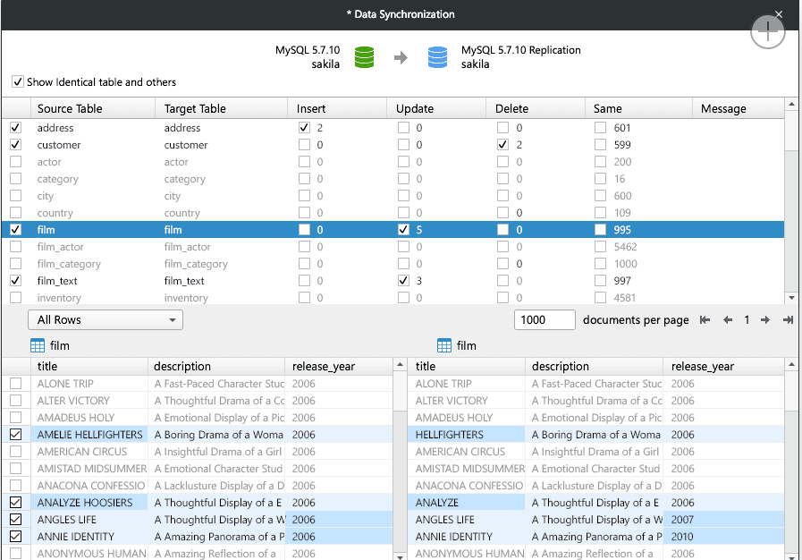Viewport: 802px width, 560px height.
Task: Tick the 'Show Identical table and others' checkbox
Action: pos(18,82)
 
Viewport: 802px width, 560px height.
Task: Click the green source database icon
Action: pos(364,57)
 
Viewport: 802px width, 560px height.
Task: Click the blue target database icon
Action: pos(437,57)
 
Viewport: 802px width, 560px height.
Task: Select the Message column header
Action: pos(723,108)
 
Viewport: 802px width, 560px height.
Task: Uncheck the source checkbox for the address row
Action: pos(15,128)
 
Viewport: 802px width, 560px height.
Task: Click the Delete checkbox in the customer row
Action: pos(502,145)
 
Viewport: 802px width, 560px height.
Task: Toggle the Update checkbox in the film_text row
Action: pos(404,281)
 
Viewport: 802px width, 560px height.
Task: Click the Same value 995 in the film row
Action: pos(622,230)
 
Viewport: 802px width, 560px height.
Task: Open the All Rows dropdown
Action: pos(106,319)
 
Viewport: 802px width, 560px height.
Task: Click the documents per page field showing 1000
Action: pos(544,319)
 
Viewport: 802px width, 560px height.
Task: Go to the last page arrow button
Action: pos(788,320)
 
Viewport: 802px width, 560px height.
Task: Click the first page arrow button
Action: pos(705,320)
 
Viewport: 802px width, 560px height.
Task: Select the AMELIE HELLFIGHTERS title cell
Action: pos(89,435)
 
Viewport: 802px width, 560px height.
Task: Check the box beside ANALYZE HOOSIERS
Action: pos(15,503)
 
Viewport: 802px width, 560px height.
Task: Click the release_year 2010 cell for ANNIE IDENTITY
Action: pos(683,537)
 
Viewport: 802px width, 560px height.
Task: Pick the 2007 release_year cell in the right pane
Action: pos(683,520)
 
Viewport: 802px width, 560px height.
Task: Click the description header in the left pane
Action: pos(182,366)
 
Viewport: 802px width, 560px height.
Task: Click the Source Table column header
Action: pos(70,108)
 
